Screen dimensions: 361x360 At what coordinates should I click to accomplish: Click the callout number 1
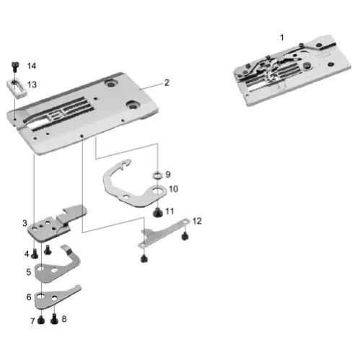click(282, 36)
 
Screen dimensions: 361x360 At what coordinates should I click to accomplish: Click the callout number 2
click(167, 82)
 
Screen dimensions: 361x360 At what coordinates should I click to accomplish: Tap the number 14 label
click(31, 66)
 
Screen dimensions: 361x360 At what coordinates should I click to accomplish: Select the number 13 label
click(32, 84)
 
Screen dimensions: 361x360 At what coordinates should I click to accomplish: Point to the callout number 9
click(167, 174)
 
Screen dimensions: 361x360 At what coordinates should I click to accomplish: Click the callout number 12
click(197, 220)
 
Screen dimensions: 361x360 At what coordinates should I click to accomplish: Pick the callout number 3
click(25, 223)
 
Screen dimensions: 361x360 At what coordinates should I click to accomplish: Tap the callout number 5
click(27, 272)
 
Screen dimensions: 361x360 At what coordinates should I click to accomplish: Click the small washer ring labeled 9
click(156, 175)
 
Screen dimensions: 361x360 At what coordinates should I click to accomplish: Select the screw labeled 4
click(35, 253)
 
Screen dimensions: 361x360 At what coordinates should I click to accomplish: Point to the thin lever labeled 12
click(162, 232)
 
